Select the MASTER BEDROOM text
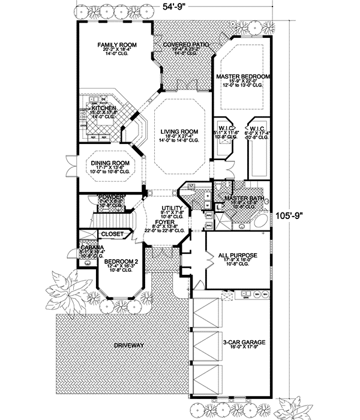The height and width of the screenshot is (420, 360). point(243,77)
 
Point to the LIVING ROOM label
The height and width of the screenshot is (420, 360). point(178,131)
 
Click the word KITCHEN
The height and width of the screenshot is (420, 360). point(99,108)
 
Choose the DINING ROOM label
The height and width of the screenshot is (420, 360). point(110,163)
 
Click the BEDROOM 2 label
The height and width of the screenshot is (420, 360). point(120,262)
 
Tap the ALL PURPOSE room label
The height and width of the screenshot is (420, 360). point(239,255)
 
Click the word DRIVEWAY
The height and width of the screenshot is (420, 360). point(128,346)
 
